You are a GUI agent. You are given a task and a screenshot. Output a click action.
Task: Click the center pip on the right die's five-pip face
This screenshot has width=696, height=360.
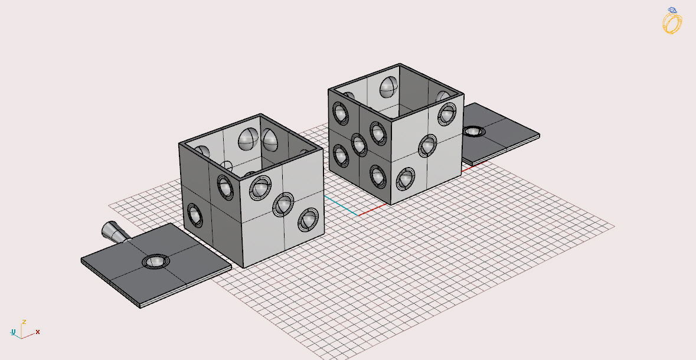[x=359, y=143]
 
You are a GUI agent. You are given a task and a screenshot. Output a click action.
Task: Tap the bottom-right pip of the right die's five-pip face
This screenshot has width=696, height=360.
[x=378, y=175]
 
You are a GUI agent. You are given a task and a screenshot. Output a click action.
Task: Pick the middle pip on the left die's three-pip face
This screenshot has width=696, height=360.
[x=283, y=204]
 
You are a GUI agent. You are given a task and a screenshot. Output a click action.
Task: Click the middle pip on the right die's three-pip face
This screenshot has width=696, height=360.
[x=427, y=145]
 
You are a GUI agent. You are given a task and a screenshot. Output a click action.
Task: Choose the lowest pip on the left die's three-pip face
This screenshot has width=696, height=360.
[x=308, y=220]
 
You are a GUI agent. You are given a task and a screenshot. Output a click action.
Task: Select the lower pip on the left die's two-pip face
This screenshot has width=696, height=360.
[x=194, y=214]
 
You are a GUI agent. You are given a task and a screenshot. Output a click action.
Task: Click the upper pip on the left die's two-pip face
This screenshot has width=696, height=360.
[x=225, y=186]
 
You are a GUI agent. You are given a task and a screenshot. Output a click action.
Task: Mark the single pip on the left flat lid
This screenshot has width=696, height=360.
[x=155, y=261]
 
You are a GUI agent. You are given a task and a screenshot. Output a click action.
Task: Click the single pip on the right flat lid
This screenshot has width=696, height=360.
[x=473, y=131]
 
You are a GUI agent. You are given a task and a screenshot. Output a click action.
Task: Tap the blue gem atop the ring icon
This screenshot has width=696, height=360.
[x=672, y=10]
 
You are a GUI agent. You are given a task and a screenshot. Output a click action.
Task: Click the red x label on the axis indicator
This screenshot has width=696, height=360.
[x=38, y=332]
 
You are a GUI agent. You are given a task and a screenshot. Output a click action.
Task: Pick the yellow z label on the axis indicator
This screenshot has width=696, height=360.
[x=24, y=322]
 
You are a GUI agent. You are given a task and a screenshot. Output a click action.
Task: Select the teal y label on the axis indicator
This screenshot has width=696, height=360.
[x=13, y=332]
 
